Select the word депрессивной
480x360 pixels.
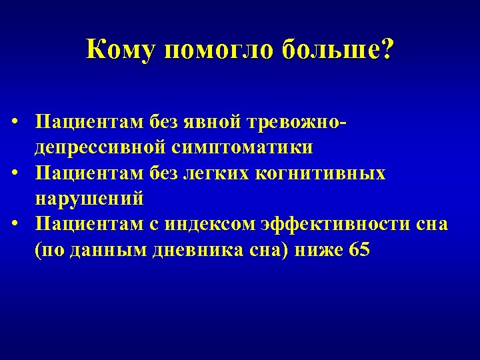coord(101,147)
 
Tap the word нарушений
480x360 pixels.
coord(89,199)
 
